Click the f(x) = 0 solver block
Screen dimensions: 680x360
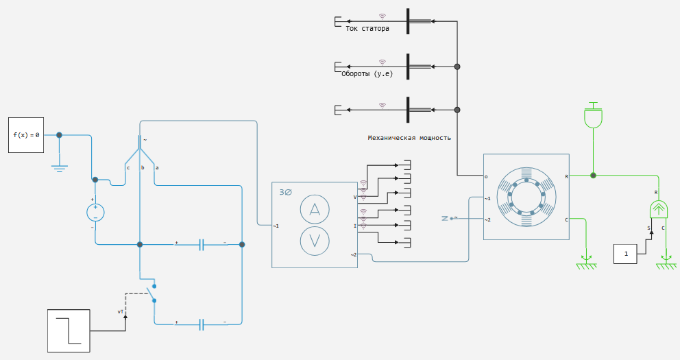coord(26,135)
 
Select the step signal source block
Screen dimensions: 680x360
coord(69,331)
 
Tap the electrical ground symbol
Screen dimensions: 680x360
coord(60,168)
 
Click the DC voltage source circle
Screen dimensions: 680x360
coord(95,213)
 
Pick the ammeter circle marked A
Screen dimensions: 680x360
coord(315,210)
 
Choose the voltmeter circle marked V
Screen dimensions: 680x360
coord(315,241)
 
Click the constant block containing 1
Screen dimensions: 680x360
coord(625,254)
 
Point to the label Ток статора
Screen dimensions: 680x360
coord(367,29)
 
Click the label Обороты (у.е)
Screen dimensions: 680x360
coord(367,74)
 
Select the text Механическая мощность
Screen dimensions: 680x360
coord(409,138)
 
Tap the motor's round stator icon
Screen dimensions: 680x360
coord(526,197)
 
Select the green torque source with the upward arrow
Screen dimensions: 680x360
coord(659,210)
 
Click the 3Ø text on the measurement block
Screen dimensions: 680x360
coord(285,192)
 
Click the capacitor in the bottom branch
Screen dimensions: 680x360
coord(202,324)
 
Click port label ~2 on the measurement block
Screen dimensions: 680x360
coord(354,254)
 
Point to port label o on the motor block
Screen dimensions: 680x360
coord(486,176)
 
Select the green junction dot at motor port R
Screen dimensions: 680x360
coord(593,176)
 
